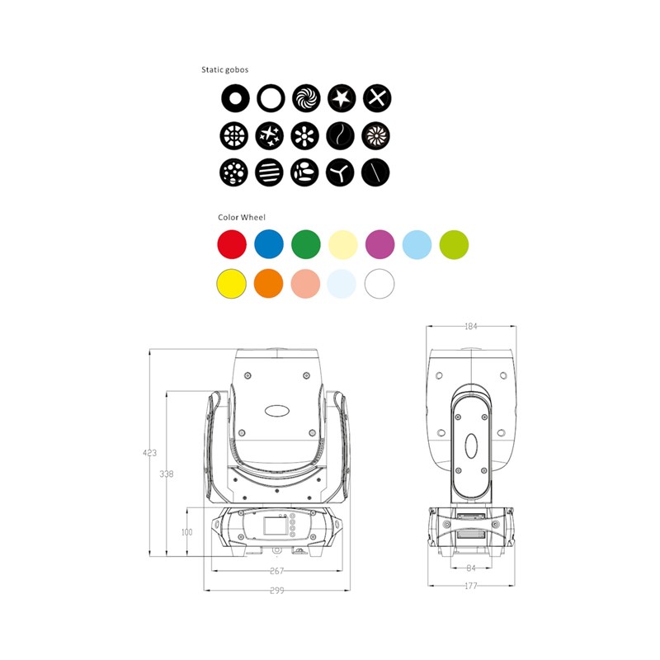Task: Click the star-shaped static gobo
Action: tap(342, 98)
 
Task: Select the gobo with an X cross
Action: tap(377, 98)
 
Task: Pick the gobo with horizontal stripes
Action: tap(270, 172)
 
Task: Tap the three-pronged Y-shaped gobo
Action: tap(340, 172)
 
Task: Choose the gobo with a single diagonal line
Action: tap(375, 172)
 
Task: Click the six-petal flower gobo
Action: tap(304, 135)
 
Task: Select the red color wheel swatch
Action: tap(232, 244)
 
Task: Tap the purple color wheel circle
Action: tap(380, 244)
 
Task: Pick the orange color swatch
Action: tap(269, 283)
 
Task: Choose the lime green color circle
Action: tap(454, 244)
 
